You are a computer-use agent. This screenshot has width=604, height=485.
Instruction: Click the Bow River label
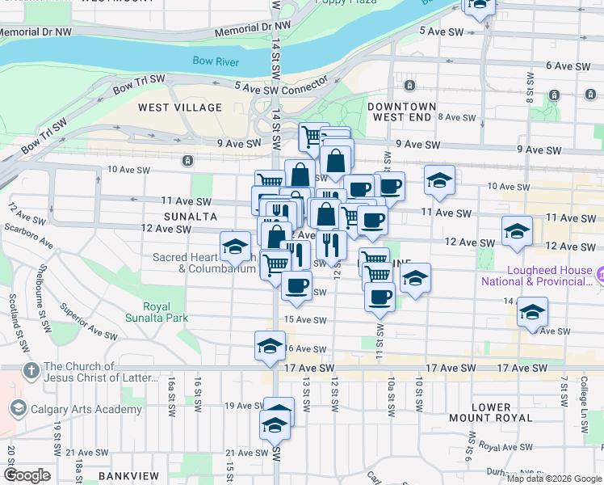click(x=216, y=61)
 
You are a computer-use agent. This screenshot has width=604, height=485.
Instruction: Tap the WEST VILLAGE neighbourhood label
click(x=179, y=108)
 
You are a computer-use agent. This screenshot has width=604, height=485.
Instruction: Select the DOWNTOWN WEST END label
click(x=401, y=112)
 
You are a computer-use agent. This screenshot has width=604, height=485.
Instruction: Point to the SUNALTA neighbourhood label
click(x=190, y=217)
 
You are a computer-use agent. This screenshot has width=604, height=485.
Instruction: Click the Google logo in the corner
click(x=27, y=475)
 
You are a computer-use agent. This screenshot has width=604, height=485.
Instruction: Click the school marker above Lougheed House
click(x=517, y=231)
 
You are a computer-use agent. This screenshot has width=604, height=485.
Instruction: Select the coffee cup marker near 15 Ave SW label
click(x=296, y=285)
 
